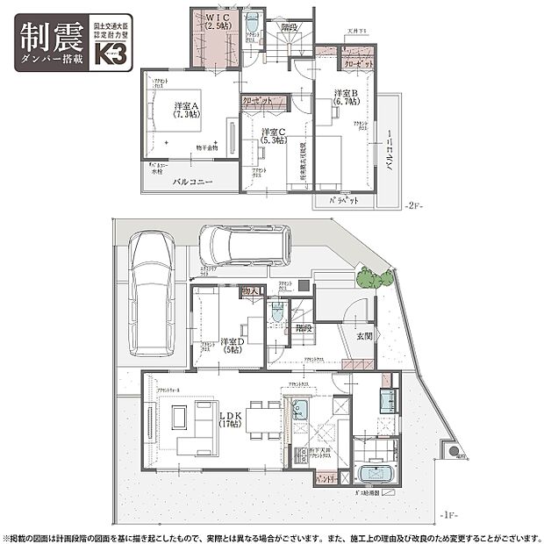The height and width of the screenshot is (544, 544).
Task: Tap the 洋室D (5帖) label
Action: point(233,346)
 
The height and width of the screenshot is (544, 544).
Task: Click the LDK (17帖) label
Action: point(231,419)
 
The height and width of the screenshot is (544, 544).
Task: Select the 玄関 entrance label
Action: point(363,336)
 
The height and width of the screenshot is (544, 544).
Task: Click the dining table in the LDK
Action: point(263,419)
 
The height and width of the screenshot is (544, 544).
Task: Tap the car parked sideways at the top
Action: point(244,246)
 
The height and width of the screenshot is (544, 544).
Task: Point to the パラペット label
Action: point(343,201)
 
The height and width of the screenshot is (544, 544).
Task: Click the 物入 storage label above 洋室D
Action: point(249,290)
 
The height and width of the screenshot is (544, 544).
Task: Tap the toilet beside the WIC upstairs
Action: point(253,23)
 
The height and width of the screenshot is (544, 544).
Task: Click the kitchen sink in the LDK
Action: point(300,412)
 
